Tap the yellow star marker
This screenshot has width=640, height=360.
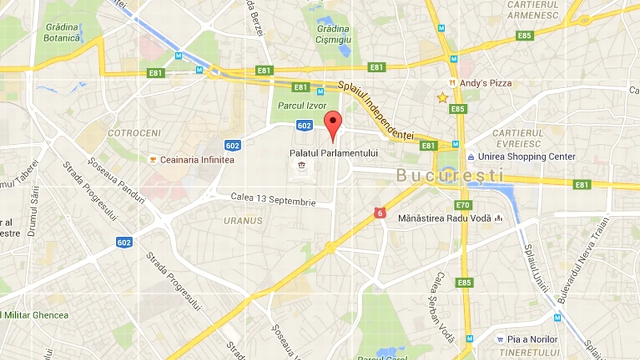tap(442, 97)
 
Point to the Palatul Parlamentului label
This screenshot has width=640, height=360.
tap(333, 153)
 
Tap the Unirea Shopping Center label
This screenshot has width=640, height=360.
tap(526, 156)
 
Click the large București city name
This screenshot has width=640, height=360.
tap(450, 175)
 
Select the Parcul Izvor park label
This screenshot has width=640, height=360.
tap(302, 106)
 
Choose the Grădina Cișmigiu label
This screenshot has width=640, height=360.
tap(333, 34)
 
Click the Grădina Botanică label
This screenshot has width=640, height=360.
tap(62, 32)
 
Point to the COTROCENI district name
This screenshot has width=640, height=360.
tap(134, 133)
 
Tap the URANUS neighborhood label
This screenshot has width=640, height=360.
tap(243, 220)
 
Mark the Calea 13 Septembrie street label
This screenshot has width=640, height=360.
tap(273, 199)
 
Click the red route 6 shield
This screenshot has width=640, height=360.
tap(380, 212)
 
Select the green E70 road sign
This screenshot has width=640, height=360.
tap(463, 204)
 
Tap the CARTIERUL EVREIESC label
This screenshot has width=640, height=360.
tap(517, 138)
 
